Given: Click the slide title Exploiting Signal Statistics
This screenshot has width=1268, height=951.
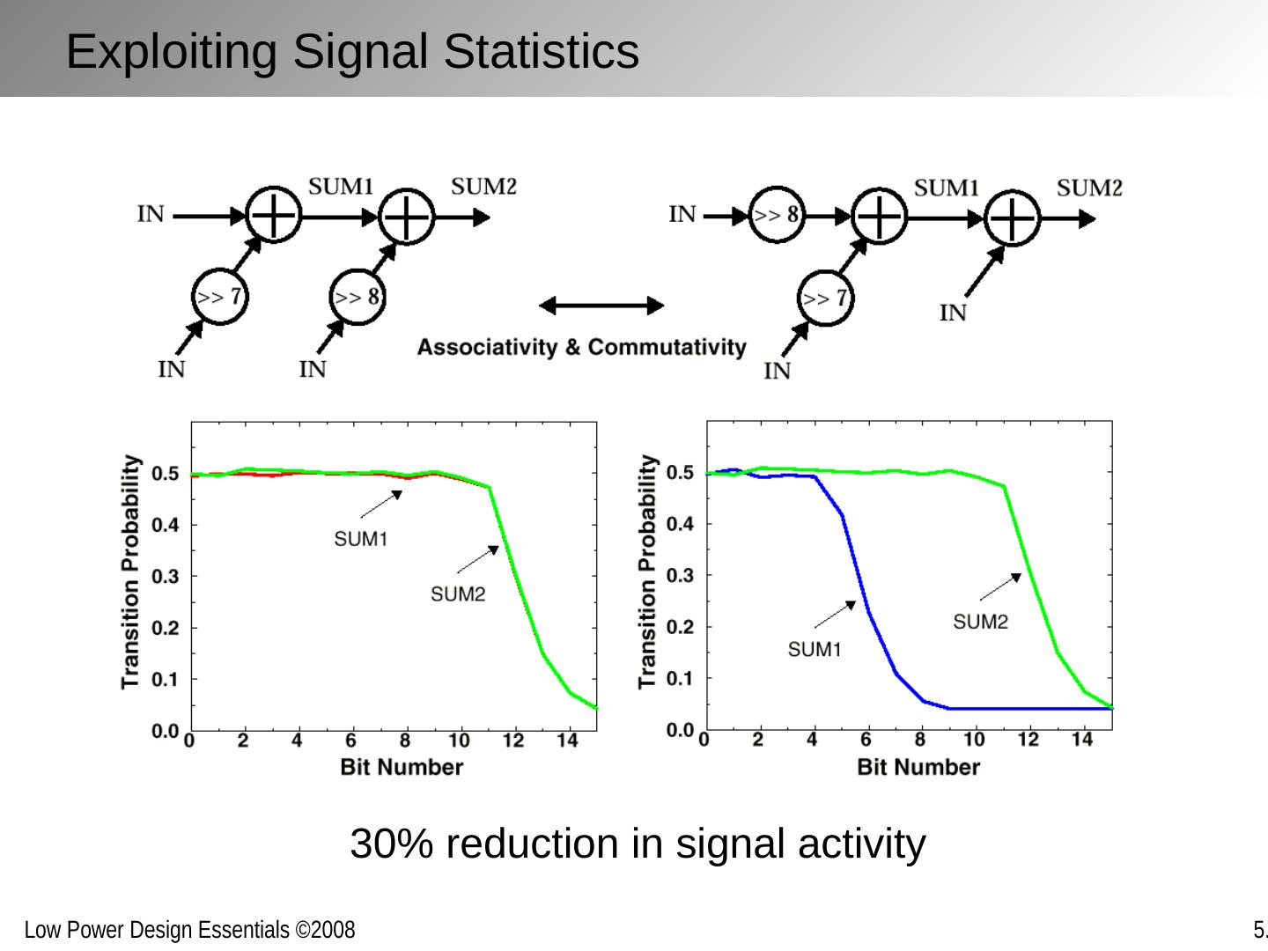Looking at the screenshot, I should [x=352, y=51].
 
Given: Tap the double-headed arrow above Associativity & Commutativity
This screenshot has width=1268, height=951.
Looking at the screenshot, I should [x=601, y=306].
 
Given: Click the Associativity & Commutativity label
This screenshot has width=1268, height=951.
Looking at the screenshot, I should [x=581, y=347].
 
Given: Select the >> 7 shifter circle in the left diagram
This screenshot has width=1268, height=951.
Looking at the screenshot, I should [x=219, y=297].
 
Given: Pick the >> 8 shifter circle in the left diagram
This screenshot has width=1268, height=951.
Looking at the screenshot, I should [x=358, y=297].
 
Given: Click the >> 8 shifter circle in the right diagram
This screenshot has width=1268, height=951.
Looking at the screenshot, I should [x=777, y=215].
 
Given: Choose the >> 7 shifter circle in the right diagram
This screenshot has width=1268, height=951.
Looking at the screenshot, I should [x=826, y=298].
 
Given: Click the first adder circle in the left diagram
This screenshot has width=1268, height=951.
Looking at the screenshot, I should [x=273, y=215].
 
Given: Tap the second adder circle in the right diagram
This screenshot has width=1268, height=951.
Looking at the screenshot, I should [x=1013, y=217].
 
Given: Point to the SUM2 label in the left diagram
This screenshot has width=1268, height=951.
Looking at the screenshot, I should [x=483, y=187].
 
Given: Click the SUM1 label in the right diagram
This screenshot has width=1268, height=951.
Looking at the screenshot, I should [x=947, y=188].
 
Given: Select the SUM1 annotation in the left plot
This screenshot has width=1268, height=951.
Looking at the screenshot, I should [x=360, y=539].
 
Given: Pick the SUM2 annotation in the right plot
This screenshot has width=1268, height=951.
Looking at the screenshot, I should [x=980, y=622].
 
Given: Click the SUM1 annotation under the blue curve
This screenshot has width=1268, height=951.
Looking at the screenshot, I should [x=815, y=650].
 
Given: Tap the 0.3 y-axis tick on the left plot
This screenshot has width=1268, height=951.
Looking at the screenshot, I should [x=165, y=577].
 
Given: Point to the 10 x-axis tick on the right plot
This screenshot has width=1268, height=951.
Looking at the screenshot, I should [x=974, y=740].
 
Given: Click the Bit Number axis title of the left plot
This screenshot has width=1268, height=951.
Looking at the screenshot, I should [x=402, y=767].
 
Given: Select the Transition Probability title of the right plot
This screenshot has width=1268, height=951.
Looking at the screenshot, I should [x=648, y=571].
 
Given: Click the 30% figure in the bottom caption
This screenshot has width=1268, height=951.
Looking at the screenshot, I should [x=386, y=844].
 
